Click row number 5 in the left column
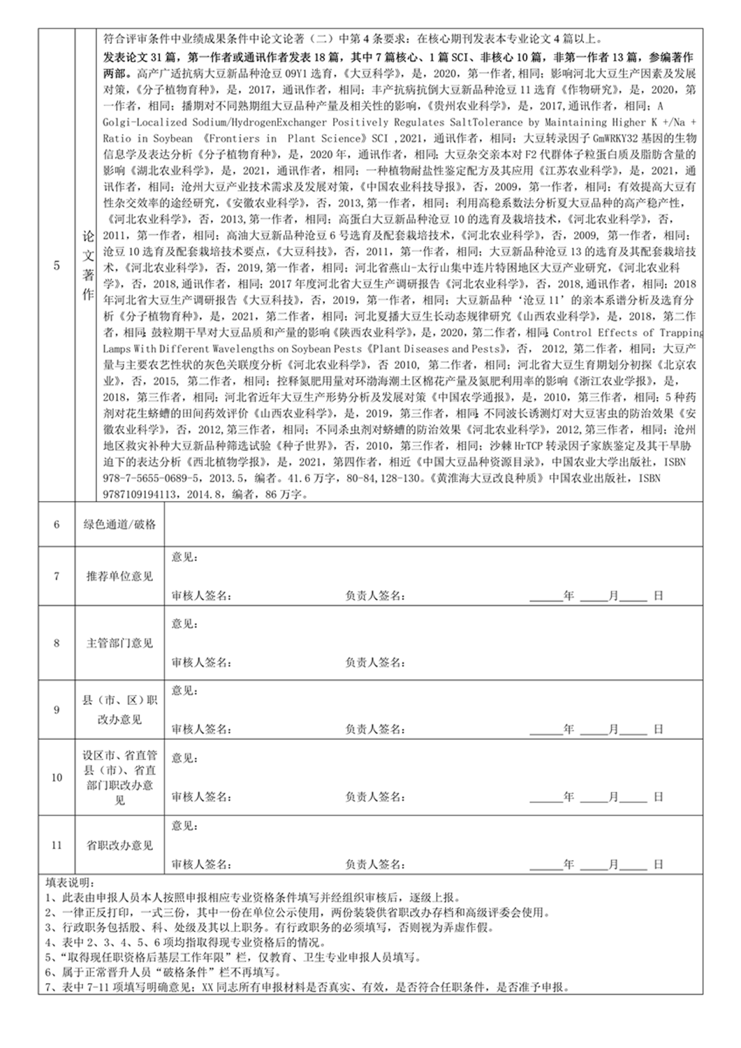point(57,265)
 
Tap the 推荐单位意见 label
point(119,576)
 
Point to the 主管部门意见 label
point(119,643)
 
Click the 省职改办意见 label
point(119,845)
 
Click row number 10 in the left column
point(57,778)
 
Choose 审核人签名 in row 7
point(201,596)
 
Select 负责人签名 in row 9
point(374,729)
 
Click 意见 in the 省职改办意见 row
point(184,826)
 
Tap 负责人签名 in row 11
point(374,864)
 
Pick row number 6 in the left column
point(57,524)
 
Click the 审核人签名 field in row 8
point(201,662)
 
